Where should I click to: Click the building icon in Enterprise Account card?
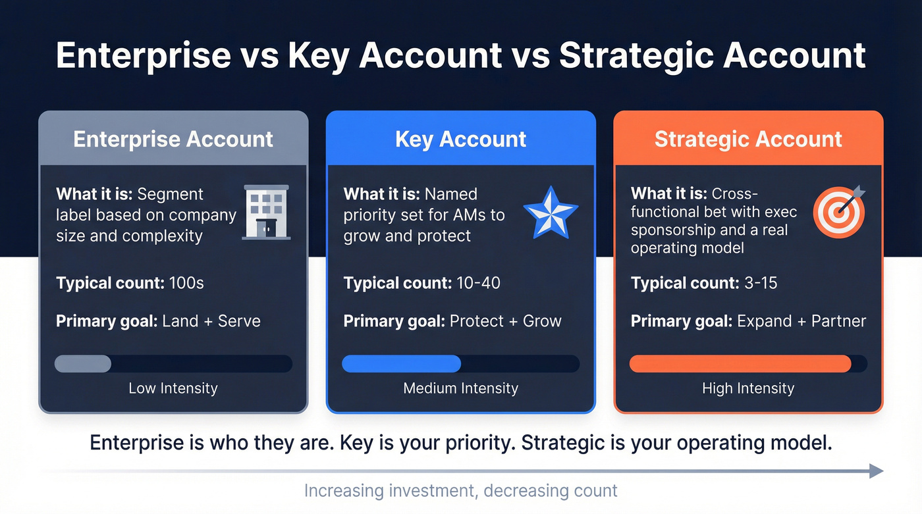266,212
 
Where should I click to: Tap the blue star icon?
551,212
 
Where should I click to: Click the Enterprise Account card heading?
173,140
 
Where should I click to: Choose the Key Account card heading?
460,140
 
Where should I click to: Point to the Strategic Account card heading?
748,140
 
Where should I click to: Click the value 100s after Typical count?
186,284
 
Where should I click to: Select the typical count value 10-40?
478,284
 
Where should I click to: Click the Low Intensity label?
173,388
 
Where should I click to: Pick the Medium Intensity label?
460,388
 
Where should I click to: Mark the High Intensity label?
748,388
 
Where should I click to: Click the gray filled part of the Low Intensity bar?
83,364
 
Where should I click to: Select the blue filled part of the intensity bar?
401,364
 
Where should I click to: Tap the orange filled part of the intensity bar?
740,364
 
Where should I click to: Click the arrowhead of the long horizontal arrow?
876,471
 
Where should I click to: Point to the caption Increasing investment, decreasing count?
460,491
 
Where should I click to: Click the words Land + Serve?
211,321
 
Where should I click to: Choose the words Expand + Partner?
801,321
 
